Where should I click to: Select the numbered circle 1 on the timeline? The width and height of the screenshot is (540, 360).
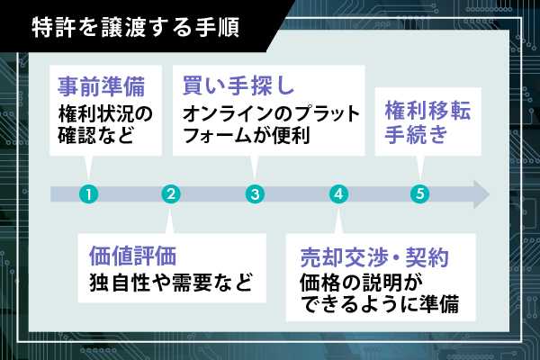(x=88, y=193)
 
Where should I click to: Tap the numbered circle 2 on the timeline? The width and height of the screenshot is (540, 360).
(x=172, y=193)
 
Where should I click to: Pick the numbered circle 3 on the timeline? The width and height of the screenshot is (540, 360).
(x=256, y=193)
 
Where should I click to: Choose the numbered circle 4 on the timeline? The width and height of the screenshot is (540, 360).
(x=338, y=193)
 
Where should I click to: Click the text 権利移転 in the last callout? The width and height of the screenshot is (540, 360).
(x=427, y=112)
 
